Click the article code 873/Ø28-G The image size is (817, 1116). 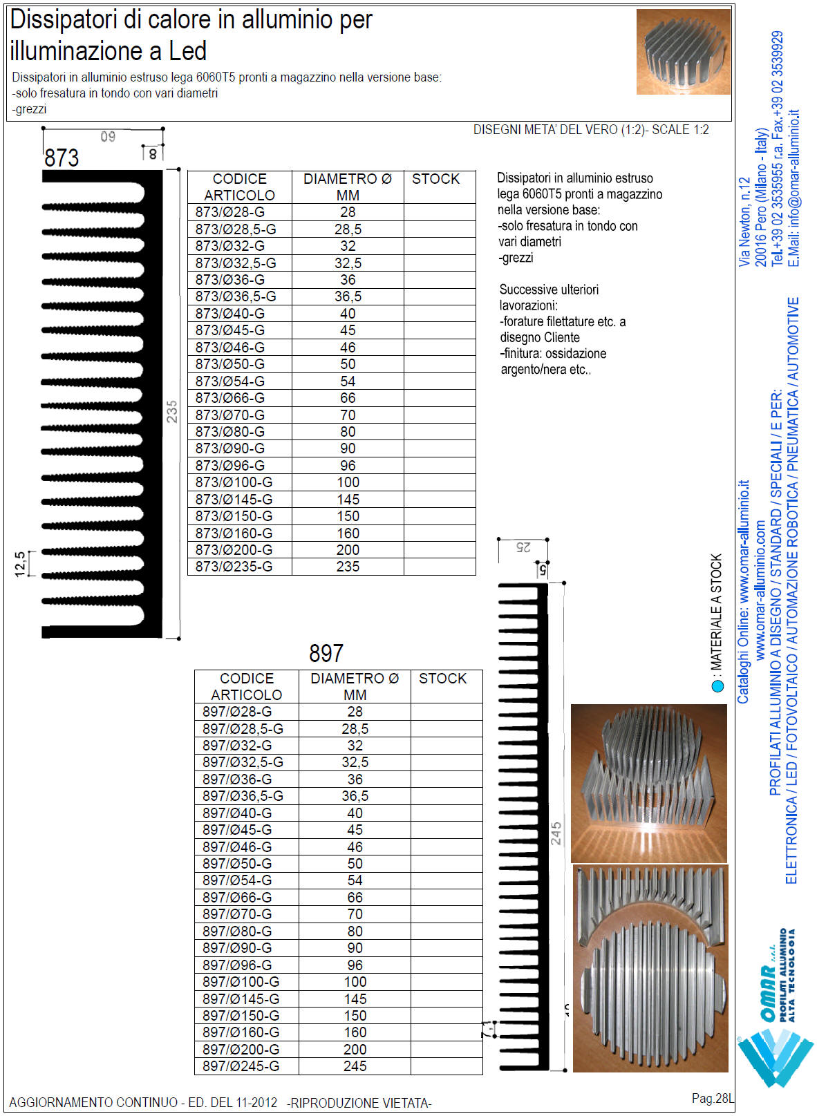[x=229, y=212]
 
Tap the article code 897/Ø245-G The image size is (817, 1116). [x=241, y=1066]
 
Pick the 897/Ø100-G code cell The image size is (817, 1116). [x=241, y=982]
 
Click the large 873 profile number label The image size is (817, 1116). [x=62, y=158]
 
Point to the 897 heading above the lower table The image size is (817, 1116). [x=326, y=653]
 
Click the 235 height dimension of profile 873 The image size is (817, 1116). [x=172, y=411]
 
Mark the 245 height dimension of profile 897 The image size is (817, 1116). [x=556, y=833]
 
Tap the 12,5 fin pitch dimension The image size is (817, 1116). [x=20, y=564]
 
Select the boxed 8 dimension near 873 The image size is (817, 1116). [x=153, y=154]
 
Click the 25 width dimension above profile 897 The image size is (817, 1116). [x=523, y=547]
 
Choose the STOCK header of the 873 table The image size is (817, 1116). [x=435, y=179]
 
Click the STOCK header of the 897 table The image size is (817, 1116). [x=442, y=679]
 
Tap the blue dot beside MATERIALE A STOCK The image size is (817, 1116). [x=717, y=686]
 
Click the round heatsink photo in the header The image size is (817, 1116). [x=683, y=52]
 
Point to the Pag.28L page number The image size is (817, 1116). [x=712, y=1098]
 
